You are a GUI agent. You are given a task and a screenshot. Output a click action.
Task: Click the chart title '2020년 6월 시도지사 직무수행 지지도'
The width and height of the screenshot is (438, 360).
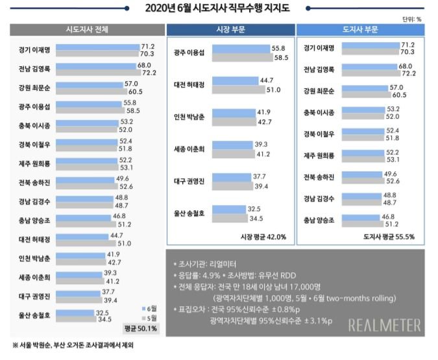pos(219,8)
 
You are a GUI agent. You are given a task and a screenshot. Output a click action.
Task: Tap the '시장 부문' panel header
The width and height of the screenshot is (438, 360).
pos(229,30)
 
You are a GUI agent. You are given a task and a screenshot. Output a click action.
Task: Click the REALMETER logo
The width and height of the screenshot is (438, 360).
pos(384,325)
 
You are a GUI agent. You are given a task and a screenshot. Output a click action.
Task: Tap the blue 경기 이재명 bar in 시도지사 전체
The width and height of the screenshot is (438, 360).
pos(97,47)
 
